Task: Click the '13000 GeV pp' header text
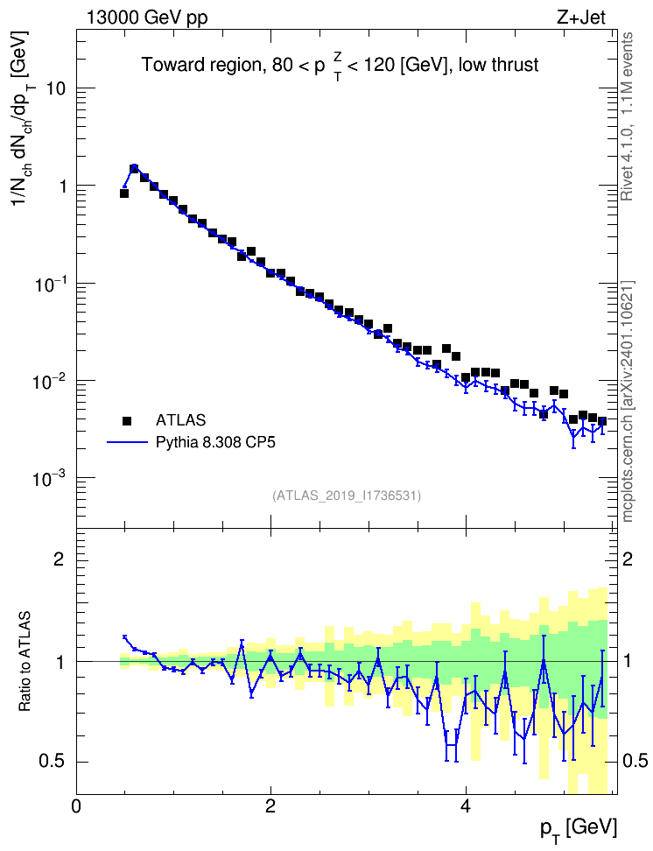coord(147,18)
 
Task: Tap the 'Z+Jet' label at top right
coord(581,18)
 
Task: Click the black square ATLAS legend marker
coord(127,420)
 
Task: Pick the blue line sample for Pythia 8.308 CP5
coord(128,443)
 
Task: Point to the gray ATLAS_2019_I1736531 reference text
coord(347,496)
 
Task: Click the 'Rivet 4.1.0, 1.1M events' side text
coord(628,116)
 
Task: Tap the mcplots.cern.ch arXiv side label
coord(628,402)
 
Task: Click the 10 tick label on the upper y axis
coord(55,88)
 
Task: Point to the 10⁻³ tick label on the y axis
coord(48,477)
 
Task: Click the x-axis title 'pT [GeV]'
coord(579,830)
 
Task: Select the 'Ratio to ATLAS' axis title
coord(25,662)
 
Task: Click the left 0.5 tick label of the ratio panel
coord(52,762)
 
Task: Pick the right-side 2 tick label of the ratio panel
coord(628,559)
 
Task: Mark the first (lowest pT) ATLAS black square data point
coord(124,193)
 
